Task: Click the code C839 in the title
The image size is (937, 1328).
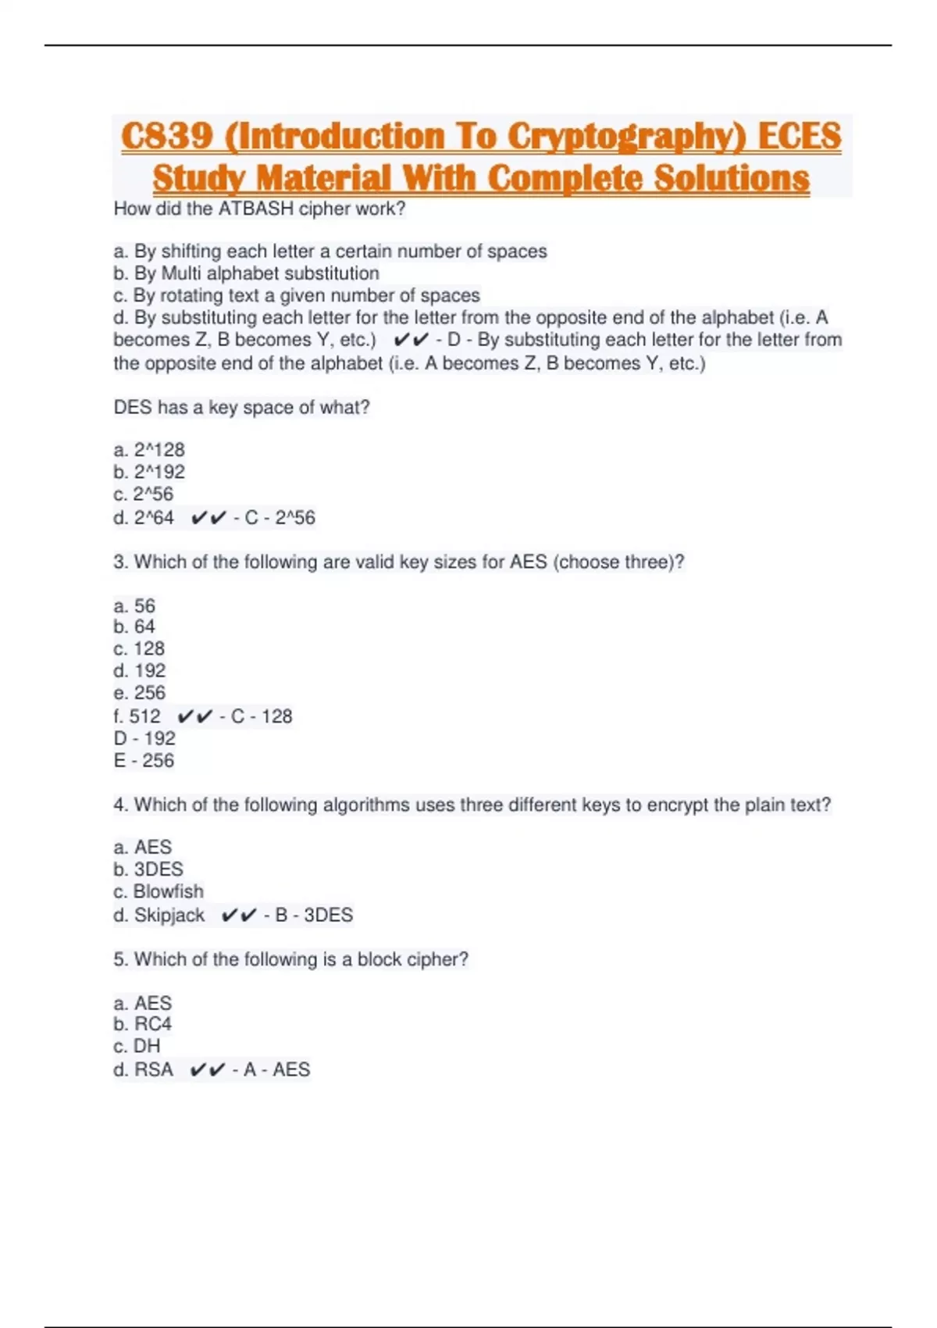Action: pos(167,137)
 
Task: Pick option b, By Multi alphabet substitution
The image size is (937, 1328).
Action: pos(246,273)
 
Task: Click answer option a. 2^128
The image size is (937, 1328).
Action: pos(149,450)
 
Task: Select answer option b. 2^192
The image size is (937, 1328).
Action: pos(149,472)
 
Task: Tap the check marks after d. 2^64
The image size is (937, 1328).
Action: pos(208,518)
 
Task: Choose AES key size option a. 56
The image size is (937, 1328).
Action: pos(134,605)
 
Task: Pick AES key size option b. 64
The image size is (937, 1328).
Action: pos(134,627)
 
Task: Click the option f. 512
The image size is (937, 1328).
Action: pos(137,716)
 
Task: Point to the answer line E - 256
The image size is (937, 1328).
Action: pos(144,761)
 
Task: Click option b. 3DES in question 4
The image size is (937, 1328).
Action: pos(148,869)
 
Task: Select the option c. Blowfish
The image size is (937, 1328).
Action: pos(159,891)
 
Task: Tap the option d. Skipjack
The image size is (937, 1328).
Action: pos(159,915)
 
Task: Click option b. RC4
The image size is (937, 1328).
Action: pos(142,1024)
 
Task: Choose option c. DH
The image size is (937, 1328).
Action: pos(137,1046)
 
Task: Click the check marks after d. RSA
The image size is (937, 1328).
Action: pos(208,1070)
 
